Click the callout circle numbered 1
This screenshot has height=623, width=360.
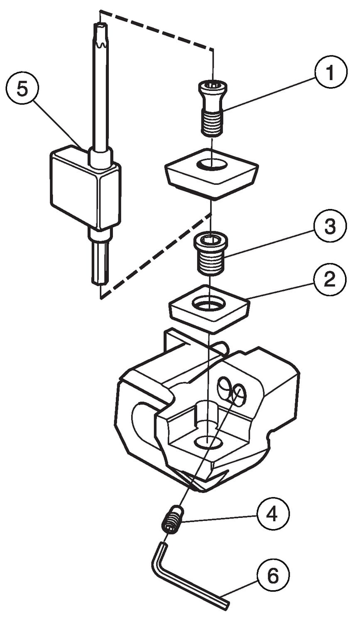pos(331,74)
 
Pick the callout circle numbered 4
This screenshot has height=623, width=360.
pos(272,514)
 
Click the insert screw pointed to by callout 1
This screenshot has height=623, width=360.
pos(212,109)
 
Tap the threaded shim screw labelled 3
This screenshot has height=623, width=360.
pos(211,254)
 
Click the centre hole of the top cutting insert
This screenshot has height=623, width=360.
pos(212,164)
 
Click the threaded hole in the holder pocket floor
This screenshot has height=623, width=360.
pos(206,442)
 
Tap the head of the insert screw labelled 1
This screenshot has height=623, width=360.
pos(212,88)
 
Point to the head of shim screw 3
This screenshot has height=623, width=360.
pos(211,240)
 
